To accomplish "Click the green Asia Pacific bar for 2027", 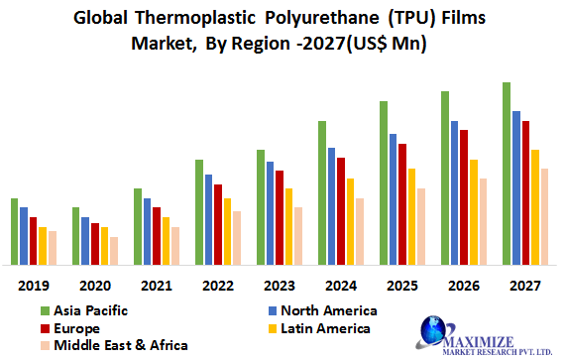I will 507,174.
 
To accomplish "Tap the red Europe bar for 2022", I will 217,224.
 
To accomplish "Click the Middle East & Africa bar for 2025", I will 420,226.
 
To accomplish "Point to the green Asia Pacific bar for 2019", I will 14,231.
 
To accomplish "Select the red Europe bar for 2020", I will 95,244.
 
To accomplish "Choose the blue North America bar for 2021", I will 147,231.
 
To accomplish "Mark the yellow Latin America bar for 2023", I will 288,226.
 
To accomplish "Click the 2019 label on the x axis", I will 33,285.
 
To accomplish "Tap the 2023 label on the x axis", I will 279,285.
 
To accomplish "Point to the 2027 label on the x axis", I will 524,285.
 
